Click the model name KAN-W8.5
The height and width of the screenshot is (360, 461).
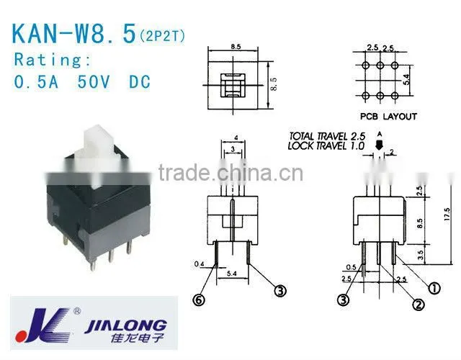click(x=74, y=33)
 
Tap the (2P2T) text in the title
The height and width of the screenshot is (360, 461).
click(x=162, y=37)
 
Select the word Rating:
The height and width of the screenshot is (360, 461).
click(x=53, y=60)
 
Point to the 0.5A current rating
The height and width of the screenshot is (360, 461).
click(x=36, y=82)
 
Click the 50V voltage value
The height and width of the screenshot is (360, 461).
click(x=94, y=82)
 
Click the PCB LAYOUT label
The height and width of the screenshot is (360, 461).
click(x=388, y=117)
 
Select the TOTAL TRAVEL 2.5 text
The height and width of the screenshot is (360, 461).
click(x=327, y=136)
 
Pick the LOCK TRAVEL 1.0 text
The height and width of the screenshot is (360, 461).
click(x=326, y=145)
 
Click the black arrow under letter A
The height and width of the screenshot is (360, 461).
click(x=380, y=145)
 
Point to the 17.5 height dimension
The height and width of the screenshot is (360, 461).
click(x=447, y=215)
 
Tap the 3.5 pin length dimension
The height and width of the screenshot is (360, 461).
click(x=421, y=254)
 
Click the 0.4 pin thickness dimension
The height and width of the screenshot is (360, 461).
click(x=199, y=264)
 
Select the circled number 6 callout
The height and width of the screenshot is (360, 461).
click(x=199, y=300)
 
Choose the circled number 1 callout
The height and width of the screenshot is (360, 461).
click(x=434, y=289)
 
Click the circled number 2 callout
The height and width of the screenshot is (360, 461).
click(x=418, y=305)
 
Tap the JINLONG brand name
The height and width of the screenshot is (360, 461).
click(x=125, y=326)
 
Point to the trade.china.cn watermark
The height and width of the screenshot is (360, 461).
click(x=230, y=173)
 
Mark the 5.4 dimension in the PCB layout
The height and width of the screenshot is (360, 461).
click(x=406, y=79)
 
